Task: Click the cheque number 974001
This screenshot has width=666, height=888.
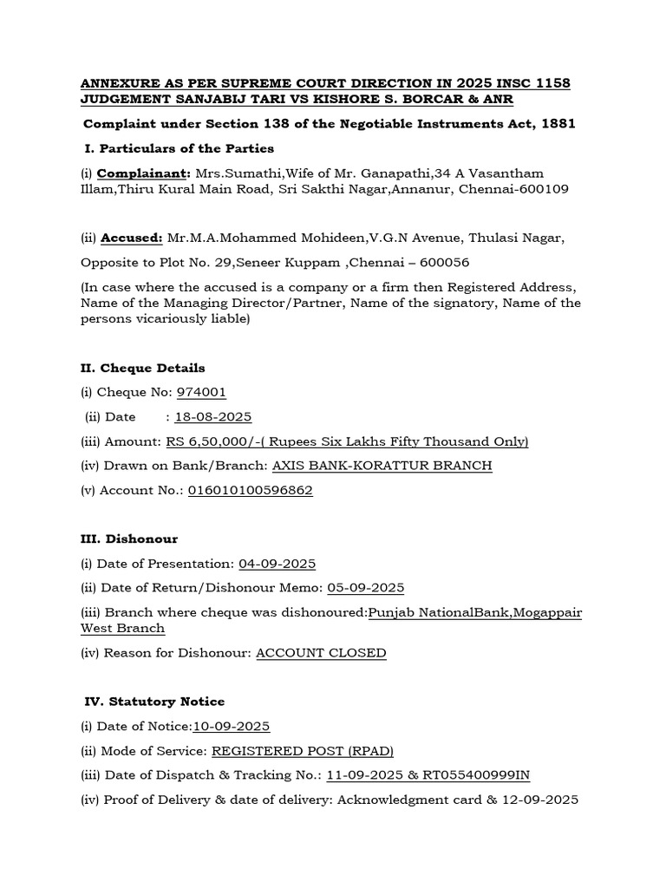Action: [x=201, y=392]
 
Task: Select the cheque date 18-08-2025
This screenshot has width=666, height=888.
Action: [x=213, y=416]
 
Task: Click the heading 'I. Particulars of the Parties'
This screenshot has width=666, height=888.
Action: [x=180, y=148]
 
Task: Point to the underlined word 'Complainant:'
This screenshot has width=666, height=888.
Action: [x=144, y=173]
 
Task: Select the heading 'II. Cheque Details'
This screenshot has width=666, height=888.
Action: [x=143, y=368]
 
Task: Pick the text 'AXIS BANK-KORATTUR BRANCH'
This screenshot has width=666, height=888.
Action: [x=382, y=466]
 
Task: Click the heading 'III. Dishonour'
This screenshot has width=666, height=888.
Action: [x=129, y=539]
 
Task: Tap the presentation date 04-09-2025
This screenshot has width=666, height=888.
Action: [x=277, y=564]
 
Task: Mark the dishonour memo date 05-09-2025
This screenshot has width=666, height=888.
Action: [x=365, y=588]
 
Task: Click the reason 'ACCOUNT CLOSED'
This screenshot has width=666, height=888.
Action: [x=321, y=652]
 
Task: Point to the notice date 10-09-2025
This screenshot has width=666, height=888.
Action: [x=232, y=726]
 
